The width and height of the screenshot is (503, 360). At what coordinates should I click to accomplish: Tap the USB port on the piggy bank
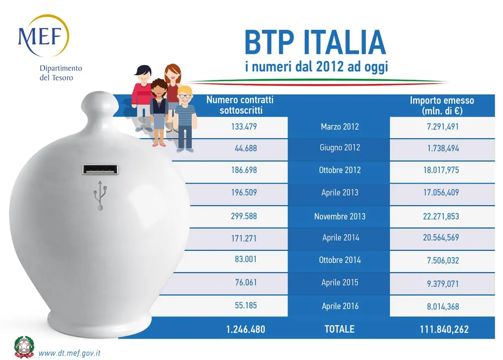click(100, 169)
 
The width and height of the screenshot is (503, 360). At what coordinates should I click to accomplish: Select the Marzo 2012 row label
click(340, 126)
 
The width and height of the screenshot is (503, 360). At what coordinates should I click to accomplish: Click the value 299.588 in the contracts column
click(244, 216)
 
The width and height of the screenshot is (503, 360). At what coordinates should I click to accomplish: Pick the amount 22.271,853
click(443, 216)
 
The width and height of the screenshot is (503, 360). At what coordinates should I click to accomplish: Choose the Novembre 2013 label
click(340, 216)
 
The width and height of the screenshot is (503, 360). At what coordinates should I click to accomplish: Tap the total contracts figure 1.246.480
click(246, 329)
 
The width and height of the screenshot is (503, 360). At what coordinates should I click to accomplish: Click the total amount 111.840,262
click(444, 329)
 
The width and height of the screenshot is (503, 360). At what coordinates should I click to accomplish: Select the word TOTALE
click(340, 329)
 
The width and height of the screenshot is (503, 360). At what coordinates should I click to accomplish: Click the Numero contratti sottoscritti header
click(240, 105)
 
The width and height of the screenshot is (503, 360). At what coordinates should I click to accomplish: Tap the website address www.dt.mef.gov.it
click(70, 352)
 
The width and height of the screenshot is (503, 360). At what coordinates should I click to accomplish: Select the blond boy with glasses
click(185, 117)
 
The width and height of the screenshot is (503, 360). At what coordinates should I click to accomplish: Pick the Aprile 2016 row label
click(340, 306)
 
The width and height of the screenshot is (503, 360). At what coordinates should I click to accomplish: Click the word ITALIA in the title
click(335, 43)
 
